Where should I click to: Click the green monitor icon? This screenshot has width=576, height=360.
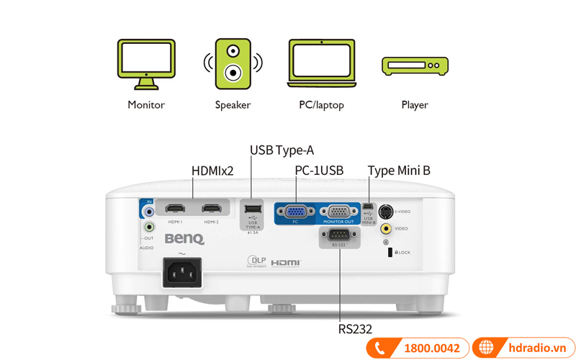146,64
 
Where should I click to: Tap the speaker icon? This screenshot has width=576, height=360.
233,64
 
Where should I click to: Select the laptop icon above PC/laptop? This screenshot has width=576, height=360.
321,64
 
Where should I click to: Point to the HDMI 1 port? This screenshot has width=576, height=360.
175,210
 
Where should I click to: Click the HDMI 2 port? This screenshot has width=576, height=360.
211,210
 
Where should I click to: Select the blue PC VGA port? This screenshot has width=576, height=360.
295,212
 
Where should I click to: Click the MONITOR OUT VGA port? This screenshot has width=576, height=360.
338,212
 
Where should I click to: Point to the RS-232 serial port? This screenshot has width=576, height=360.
339,236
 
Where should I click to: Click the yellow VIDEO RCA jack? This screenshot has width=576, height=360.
386,229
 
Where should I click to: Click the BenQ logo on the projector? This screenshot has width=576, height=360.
184,239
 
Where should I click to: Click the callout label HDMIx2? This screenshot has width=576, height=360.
212,171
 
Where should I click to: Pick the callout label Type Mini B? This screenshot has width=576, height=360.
399,171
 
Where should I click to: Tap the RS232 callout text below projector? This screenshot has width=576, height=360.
355,329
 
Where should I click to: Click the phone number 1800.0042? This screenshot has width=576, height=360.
431,348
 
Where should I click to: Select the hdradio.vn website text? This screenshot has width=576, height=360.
534,348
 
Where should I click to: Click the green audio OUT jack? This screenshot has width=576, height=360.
149,228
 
